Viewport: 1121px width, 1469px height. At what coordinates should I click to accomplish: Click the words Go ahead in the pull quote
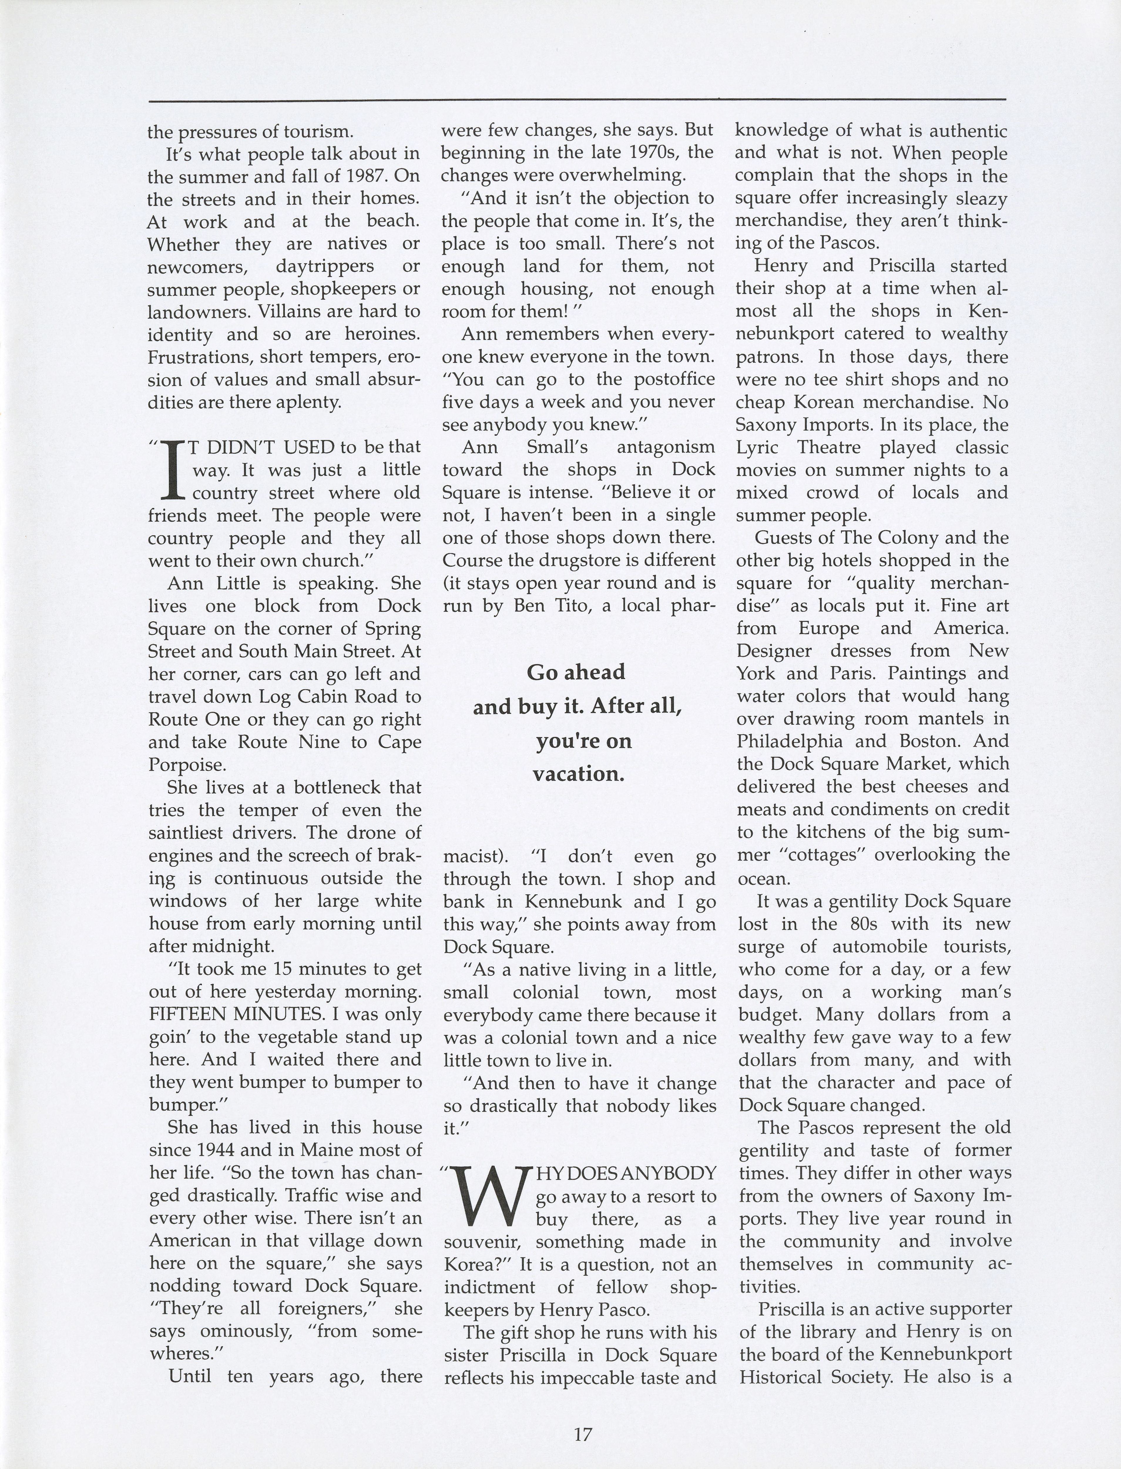tap(576, 672)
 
